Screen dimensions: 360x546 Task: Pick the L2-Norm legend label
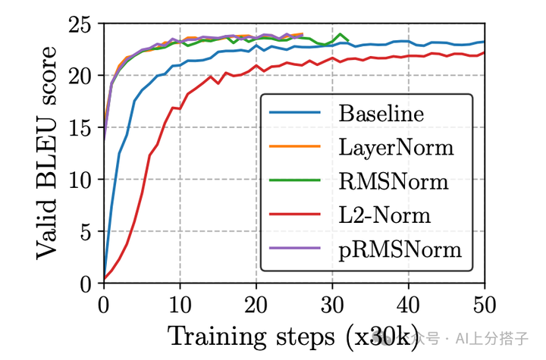pos(384,214)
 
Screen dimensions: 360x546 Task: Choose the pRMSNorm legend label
pos(400,248)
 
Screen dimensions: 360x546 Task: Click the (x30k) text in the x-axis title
pos(388,335)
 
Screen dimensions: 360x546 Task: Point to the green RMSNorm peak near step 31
pos(342,34)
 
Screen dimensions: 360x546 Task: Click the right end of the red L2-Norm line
pos(484,52)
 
